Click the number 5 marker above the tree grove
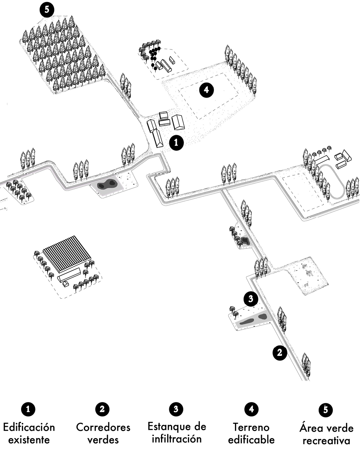click(x=47, y=10)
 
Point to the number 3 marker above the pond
click(x=250, y=298)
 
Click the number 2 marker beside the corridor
click(x=279, y=352)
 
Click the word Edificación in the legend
click(x=29, y=426)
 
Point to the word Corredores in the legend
click(x=103, y=427)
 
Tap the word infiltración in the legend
click(x=177, y=438)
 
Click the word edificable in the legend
click(x=251, y=439)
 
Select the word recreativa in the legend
click(x=325, y=440)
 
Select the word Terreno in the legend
click(x=251, y=427)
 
